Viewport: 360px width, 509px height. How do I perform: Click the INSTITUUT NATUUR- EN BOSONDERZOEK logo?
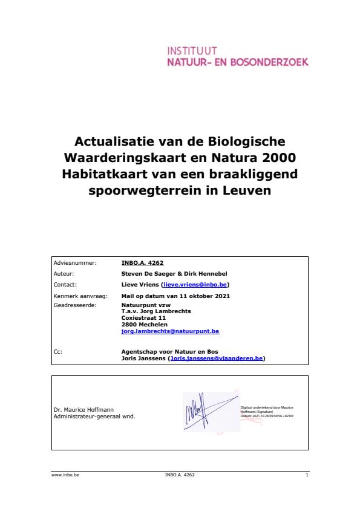(237, 56)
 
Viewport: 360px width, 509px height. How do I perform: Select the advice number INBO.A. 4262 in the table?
(143, 263)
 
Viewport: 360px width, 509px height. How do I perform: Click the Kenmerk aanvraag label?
(75, 296)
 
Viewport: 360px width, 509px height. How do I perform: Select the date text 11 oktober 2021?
(204, 296)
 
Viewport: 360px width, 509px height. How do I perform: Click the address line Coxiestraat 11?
(144, 317)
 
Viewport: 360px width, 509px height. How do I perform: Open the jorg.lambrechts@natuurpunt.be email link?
(170, 331)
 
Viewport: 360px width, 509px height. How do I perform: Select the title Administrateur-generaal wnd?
(94, 417)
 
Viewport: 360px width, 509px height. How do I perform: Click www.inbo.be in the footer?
(65, 475)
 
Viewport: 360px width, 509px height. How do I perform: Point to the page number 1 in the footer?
(307, 475)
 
